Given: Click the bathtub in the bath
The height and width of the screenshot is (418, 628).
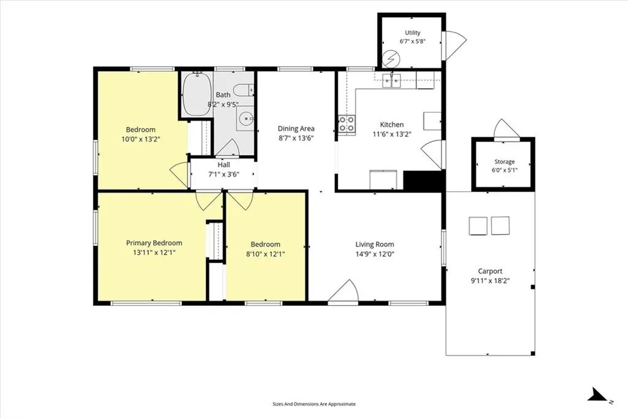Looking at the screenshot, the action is point(197,94).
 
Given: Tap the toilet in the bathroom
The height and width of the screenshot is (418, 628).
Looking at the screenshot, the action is point(243,90).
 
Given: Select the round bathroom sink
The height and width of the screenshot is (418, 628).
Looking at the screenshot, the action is point(245,118).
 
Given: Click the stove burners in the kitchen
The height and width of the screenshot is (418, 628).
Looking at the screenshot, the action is point(347,124).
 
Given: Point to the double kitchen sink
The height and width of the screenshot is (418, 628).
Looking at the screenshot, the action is point(391,80).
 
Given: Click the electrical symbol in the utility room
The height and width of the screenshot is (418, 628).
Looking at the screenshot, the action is point(391,59).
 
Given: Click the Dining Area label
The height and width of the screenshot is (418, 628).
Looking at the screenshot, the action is point(296,129).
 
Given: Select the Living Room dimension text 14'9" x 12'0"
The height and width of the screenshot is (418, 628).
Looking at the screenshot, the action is point(375,254).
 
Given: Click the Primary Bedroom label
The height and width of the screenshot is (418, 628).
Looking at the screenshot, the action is point(154,243).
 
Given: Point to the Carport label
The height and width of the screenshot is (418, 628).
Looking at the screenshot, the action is point(490,271).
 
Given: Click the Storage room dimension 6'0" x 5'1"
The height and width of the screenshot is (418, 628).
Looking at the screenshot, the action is point(505,170).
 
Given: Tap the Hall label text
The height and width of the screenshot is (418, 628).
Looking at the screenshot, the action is point(224,164).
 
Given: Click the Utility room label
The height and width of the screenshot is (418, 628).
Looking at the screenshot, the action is point(413,33).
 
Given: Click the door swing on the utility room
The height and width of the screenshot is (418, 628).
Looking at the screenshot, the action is point(454,45).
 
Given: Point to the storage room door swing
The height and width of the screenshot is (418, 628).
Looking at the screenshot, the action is point(506,129).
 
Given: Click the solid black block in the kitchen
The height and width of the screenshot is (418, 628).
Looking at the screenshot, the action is point(424,180).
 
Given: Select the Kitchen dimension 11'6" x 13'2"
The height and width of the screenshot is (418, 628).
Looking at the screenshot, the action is point(392,134).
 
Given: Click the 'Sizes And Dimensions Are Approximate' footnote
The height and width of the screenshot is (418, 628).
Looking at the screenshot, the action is point(314,404).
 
